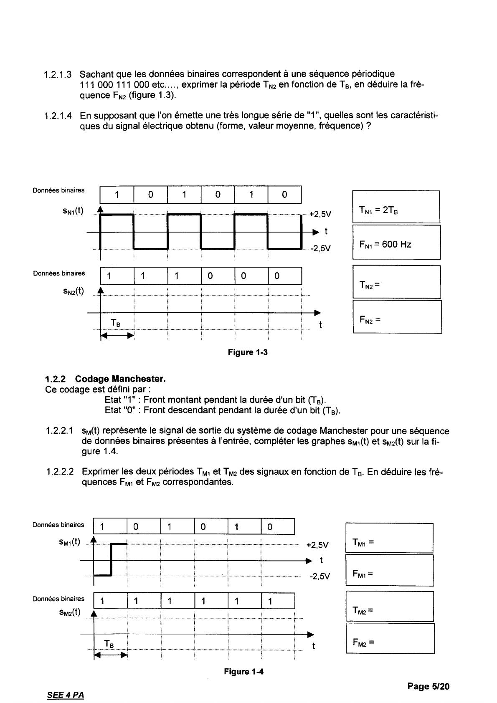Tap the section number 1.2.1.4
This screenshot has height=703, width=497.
click(58, 116)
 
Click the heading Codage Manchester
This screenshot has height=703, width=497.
click(120, 379)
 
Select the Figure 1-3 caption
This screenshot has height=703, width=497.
click(248, 352)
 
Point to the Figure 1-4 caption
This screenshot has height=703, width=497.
click(244, 672)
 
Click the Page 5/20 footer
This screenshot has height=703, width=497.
click(429, 686)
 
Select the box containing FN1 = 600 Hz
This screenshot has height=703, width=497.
click(396, 243)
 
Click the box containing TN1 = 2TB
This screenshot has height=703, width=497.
click(396, 207)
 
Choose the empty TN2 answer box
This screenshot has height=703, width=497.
click(396, 282)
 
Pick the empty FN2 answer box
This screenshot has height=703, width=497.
click(397, 317)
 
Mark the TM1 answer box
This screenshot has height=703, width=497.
click(389, 538)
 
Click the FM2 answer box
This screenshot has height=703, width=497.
click(390, 639)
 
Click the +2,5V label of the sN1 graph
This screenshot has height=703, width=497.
click(320, 215)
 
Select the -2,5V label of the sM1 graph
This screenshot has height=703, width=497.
click(319, 577)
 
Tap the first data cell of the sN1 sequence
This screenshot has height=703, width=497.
click(117, 195)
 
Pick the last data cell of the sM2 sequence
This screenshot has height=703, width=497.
click(278, 601)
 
